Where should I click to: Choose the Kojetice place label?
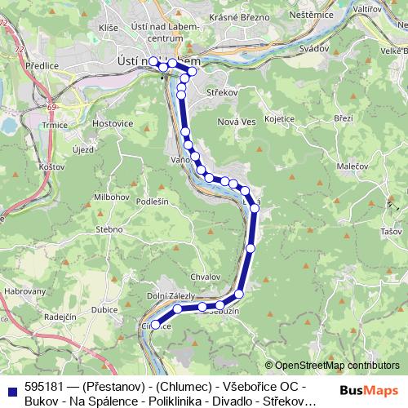tap(278, 118)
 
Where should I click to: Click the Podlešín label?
tap(151, 201)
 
